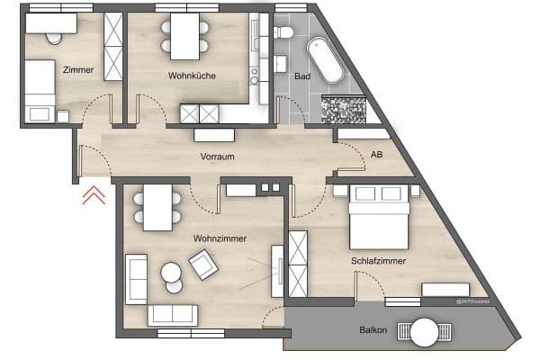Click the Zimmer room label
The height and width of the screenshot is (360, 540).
[x=78, y=68]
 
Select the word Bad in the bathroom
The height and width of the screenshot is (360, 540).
[x=302, y=76]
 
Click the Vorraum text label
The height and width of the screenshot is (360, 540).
[x=217, y=157]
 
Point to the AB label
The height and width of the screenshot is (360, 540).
[x=375, y=154]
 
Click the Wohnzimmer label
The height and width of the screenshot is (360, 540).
[x=220, y=238]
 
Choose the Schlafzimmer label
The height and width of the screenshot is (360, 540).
[x=378, y=261]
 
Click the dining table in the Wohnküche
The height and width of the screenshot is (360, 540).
[x=184, y=36]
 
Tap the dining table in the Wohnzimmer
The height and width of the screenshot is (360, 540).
[x=158, y=210]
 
